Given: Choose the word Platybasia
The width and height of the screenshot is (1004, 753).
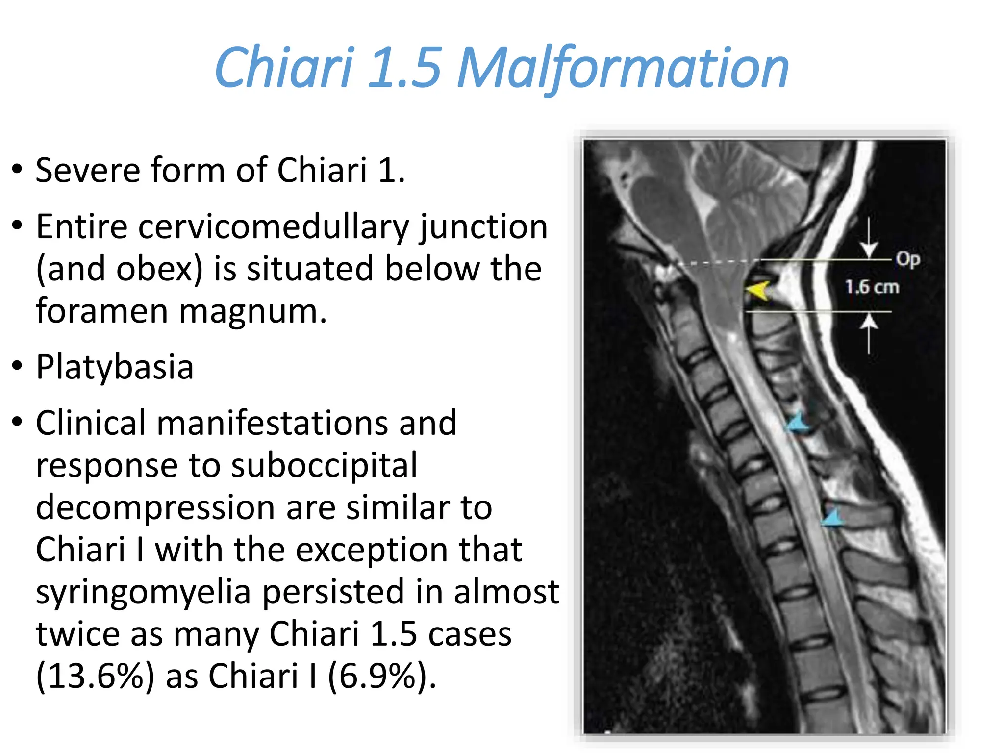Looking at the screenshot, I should tap(115, 367).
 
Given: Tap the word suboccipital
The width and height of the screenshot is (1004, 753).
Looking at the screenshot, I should tap(324, 465).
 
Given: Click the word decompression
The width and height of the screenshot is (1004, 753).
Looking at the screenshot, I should tap(154, 507).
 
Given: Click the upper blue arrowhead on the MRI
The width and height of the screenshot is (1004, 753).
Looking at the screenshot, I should tap(798, 422).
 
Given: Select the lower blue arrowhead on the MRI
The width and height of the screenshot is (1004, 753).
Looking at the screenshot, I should tap(832, 517).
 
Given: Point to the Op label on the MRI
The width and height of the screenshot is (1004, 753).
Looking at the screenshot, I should tap(907, 259).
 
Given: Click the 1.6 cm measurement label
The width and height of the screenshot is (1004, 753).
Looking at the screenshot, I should tap(872, 287).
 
